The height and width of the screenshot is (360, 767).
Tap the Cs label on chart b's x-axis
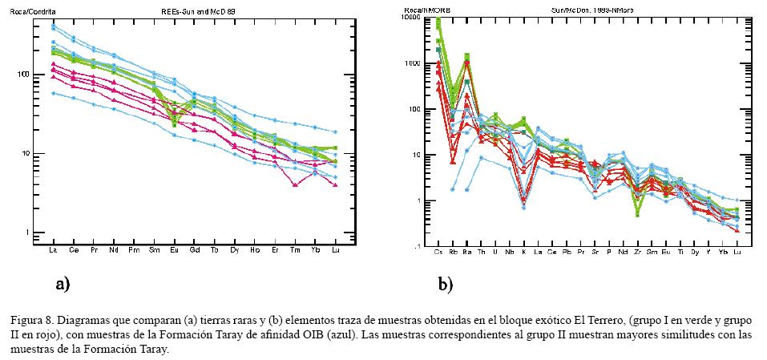(438, 253)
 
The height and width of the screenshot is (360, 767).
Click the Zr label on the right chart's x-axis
(637, 253)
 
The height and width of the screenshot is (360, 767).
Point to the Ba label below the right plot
(466, 253)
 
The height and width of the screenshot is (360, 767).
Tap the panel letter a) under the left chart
(63, 283)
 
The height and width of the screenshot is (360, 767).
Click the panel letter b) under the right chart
(446, 283)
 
